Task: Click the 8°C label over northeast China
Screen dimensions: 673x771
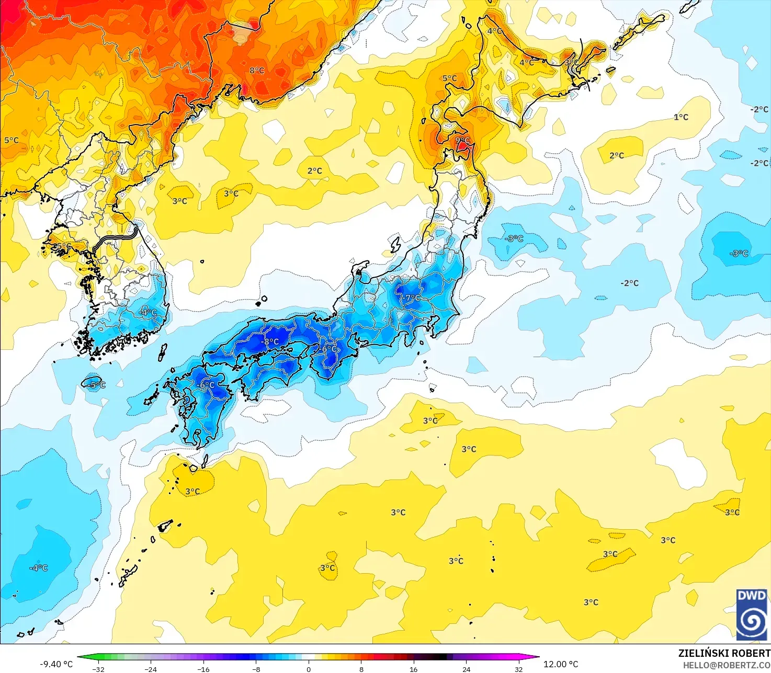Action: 257,71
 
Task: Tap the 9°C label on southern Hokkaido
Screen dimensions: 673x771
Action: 463,140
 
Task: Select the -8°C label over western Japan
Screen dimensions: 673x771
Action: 270,342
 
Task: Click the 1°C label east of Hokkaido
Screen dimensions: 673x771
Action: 681,117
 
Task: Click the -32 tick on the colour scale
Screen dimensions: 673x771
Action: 98,669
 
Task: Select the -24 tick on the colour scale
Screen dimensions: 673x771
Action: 151,669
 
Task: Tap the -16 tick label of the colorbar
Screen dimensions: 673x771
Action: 203,669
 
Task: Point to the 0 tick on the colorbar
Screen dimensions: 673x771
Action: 309,669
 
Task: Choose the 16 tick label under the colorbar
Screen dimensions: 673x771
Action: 413,669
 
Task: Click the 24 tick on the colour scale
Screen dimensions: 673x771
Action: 466,669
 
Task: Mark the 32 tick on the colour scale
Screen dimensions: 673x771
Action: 518,669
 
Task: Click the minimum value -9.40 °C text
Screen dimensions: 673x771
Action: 56,664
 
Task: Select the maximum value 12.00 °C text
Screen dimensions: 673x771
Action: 561,664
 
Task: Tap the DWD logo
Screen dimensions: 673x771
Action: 752,614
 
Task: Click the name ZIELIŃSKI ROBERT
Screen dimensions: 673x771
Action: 724,653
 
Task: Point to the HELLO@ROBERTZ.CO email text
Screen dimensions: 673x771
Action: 727,665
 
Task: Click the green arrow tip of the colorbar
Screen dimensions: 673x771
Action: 80,657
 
